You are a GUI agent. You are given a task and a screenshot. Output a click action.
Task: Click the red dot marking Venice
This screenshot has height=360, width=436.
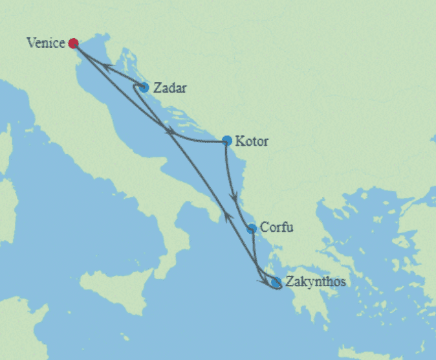pyautogui.click(x=73, y=43)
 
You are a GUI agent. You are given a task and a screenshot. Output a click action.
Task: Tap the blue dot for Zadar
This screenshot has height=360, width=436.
pyautogui.click(x=144, y=87)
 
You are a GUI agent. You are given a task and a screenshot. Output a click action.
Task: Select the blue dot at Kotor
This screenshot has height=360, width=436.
pyautogui.click(x=226, y=140)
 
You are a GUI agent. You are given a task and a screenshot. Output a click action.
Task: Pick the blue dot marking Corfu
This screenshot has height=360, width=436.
pyautogui.click(x=252, y=228)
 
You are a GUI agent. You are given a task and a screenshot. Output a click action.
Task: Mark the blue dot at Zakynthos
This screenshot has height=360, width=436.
pyautogui.click(x=276, y=282)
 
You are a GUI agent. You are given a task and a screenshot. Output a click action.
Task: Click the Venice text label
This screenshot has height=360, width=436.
pyautogui.click(x=46, y=43)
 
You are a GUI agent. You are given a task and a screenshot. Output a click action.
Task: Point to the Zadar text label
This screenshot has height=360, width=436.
pyautogui.click(x=170, y=87)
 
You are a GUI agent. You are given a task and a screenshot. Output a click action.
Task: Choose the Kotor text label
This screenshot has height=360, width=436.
pyautogui.click(x=252, y=141)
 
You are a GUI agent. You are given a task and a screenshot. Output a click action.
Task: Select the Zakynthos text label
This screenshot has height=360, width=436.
pyautogui.click(x=314, y=282)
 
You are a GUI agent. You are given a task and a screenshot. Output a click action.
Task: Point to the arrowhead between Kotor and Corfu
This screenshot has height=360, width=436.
pyautogui.click(x=234, y=194)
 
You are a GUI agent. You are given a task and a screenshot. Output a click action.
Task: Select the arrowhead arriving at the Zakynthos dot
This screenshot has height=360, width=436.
pyautogui.click(x=266, y=281)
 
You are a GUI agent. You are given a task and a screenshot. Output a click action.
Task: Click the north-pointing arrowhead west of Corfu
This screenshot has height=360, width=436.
pyautogui.click(x=228, y=216)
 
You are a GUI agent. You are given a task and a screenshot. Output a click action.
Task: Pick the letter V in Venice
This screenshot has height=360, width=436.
pyautogui.click(x=30, y=43)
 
